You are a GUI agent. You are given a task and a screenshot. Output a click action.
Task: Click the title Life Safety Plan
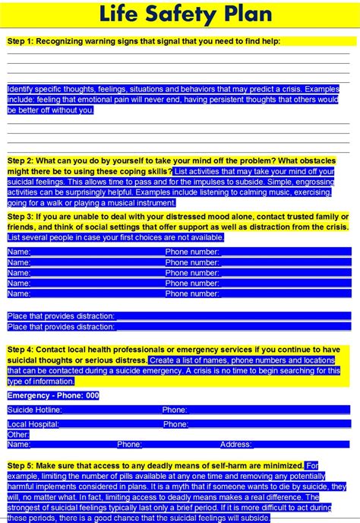(180, 13)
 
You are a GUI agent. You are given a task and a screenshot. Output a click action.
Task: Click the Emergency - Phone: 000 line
(53, 395)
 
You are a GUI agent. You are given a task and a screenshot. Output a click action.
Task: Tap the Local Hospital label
(33, 424)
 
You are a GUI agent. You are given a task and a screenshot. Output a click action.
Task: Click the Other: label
(18, 434)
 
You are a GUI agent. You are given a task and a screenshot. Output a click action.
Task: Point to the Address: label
(236, 444)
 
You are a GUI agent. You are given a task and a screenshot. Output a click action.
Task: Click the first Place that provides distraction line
(61, 315)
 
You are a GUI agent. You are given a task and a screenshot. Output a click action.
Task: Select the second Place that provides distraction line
(61, 326)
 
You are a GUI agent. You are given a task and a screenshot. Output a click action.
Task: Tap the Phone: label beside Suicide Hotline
(175, 410)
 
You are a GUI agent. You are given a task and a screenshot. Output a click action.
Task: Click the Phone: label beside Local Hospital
(175, 424)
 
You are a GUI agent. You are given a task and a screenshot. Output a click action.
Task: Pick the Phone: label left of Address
(129, 444)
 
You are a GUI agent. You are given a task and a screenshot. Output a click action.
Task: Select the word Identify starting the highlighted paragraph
(22, 89)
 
